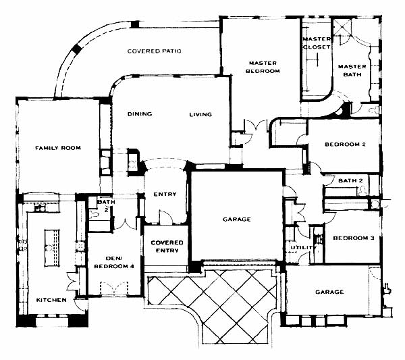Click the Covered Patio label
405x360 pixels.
coord(154,51)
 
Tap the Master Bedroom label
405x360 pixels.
coord(263,67)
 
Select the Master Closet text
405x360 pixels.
coord(317,43)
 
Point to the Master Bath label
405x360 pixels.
coord(352,70)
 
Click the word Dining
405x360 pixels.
coord(140,114)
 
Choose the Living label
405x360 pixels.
coord(200,114)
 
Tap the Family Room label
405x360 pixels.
coord(58,148)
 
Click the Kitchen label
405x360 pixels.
coord(51,300)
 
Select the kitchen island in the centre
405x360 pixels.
coord(52,248)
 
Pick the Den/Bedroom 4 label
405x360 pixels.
coord(114,262)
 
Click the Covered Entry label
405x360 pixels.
coord(167,247)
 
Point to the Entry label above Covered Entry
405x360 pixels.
coord(165,194)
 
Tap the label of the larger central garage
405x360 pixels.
coord(237,220)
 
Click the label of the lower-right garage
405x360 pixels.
coord(329,292)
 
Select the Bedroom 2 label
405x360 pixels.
coord(345,145)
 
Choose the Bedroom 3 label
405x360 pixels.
coord(353,238)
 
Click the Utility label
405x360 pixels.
coord(303,248)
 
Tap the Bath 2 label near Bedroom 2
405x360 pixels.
coord(350,180)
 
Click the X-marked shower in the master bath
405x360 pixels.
coord(342,26)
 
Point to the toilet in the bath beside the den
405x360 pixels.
coord(94,213)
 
